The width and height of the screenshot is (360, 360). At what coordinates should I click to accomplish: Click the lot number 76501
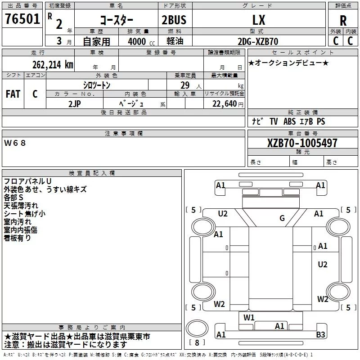pyautogui.click(x=22, y=18)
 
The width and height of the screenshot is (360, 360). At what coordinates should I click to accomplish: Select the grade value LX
pyautogui.click(x=259, y=20)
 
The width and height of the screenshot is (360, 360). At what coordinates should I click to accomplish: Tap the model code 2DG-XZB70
pyautogui.click(x=258, y=41)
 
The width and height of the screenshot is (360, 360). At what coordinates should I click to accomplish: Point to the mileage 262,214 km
pyautogui.click(x=53, y=65)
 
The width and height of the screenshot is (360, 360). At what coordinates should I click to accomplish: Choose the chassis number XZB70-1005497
pyautogui.click(x=302, y=143)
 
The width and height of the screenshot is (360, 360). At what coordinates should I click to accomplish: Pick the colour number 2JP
pyautogui.click(x=74, y=104)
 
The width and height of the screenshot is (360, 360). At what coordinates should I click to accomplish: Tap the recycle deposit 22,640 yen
pyautogui.click(x=228, y=104)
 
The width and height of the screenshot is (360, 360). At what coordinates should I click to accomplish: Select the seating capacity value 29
pyautogui.click(x=185, y=85)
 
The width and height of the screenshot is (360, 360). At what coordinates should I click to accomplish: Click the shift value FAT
pyautogui.click(x=13, y=94)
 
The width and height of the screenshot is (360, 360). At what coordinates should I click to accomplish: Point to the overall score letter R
pyautogui.click(x=343, y=21)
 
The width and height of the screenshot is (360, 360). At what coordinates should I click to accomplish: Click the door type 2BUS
pyautogui.click(x=174, y=20)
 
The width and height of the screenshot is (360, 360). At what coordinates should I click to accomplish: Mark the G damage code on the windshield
pyautogui.click(x=282, y=218)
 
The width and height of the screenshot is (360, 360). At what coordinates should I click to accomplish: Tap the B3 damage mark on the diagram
pyautogui.click(x=320, y=334)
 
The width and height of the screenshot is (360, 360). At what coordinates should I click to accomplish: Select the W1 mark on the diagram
pyautogui.click(x=249, y=318)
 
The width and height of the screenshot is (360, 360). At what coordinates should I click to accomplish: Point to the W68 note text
pyautogui.click(x=15, y=143)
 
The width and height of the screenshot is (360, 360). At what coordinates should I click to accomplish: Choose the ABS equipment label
pyautogui.click(x=289, y=121)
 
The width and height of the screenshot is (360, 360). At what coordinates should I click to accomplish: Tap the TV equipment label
pyautogui.click(x=274, y=121)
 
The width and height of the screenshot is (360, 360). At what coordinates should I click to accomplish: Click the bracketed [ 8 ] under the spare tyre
pyautogui.click(x=197, y=342)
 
